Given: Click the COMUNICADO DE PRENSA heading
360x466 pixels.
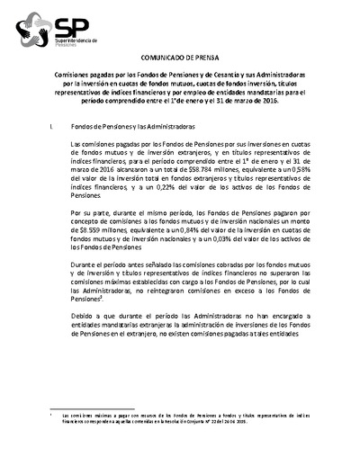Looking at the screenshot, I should click(179, 55).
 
